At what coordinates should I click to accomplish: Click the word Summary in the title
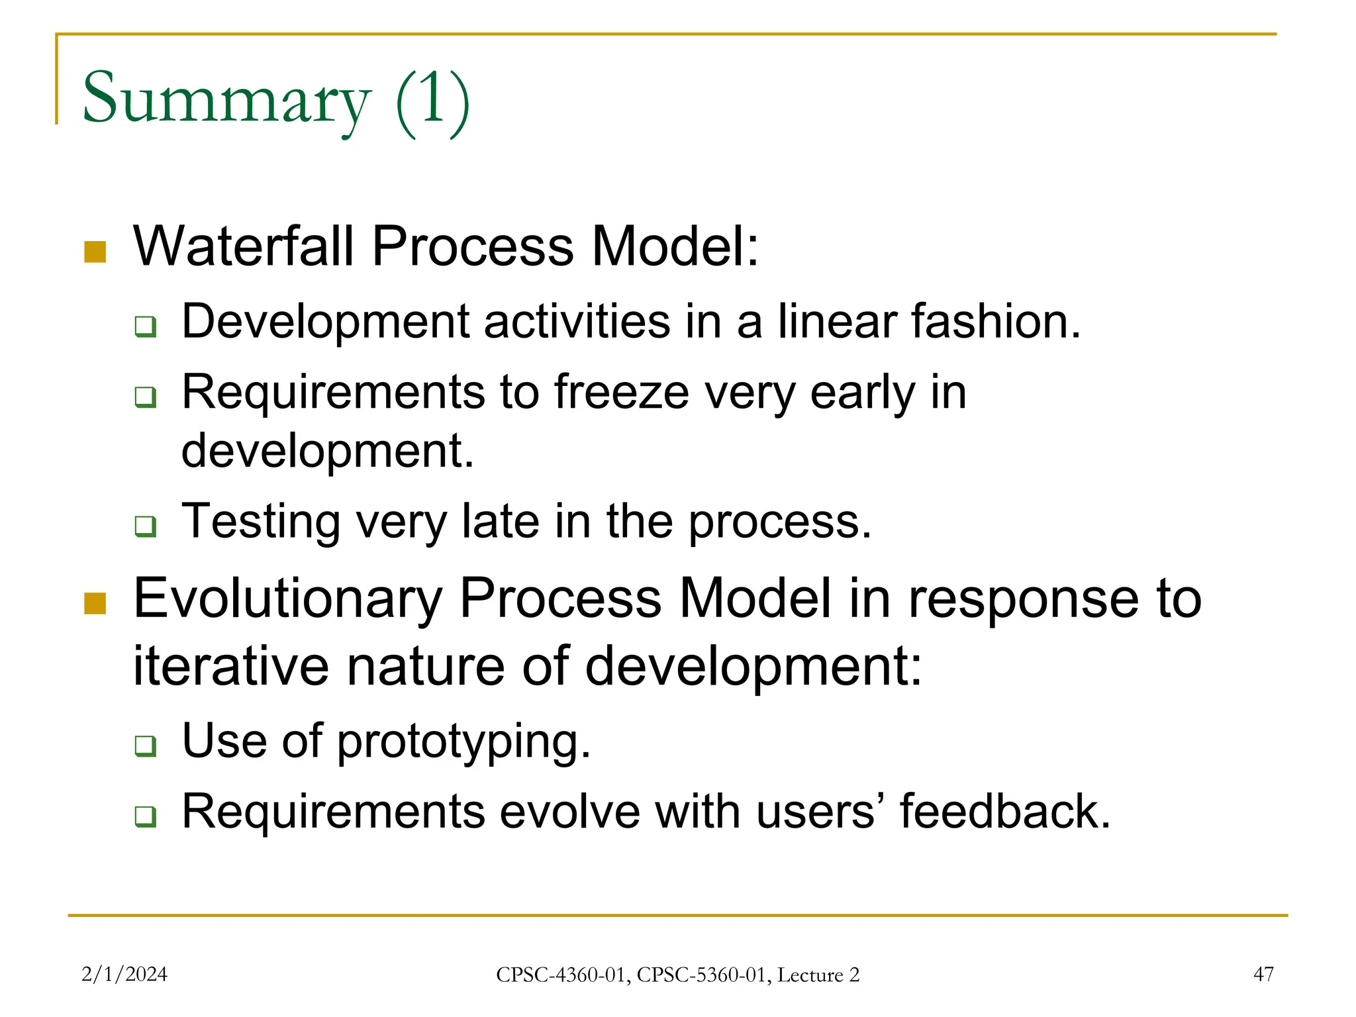point(225,99)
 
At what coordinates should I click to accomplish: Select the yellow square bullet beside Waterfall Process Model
point(95,252)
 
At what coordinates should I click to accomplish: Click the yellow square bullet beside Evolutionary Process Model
point(95,603)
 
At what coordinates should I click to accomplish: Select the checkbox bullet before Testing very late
point(145,526)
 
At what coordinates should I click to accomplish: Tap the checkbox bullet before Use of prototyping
point(145,746)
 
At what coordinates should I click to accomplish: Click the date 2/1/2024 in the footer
point(124,974)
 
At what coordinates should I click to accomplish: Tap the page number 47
point(1263,974)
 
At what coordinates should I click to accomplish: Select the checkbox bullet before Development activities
point(145,326)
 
